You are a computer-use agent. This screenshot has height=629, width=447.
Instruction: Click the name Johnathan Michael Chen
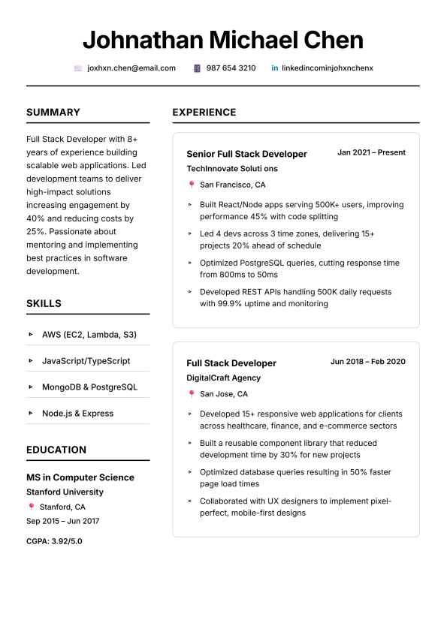coord(223,40)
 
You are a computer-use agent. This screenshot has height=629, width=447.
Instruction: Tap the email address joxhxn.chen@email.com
coord(131,68)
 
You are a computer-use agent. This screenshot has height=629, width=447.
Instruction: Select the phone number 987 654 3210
coord(231,68)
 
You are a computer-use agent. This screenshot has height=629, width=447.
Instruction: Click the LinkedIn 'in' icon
coord(275,68)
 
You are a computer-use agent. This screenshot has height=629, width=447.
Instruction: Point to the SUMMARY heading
coord(53,113)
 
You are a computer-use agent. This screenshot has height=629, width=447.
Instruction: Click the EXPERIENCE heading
coord(204,113)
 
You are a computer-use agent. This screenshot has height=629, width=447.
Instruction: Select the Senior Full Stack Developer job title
coord(246,154)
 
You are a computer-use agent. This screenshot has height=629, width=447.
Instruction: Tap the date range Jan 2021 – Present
coord(371,152)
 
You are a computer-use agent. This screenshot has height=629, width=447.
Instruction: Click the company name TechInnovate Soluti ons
coord(232,169)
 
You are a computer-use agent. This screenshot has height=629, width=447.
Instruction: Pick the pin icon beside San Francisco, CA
coord(192,185)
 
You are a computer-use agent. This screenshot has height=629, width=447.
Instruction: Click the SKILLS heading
coord(44,304)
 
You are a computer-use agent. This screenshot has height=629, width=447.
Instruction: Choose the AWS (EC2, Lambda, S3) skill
coord(89,335)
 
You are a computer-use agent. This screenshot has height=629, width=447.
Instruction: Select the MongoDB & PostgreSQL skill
coord(89,387)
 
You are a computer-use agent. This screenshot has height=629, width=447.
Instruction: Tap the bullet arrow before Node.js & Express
coord(31,414)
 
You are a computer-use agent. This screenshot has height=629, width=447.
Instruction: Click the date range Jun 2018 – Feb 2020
coord(367,362)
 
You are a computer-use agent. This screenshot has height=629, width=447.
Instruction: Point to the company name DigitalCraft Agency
coord(224,378)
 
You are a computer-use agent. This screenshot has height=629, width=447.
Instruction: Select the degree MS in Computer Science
coord(80,477)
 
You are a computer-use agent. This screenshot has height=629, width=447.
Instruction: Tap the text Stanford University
coord(65,492)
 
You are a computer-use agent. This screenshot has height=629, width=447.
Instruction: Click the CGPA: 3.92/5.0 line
coord(54,540)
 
